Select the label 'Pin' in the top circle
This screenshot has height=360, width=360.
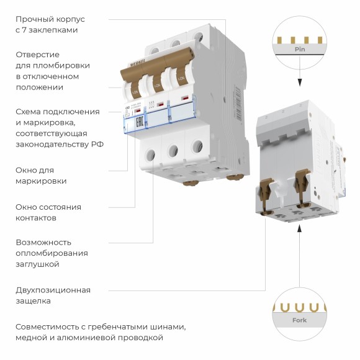[x=300, y=48]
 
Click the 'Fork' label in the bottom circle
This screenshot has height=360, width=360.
[x=300, y=320]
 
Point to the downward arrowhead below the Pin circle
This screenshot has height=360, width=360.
[x=300, y=81]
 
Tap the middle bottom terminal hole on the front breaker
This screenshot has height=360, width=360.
[x=174, y=150]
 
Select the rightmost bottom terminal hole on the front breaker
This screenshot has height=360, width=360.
[x=197, y=146]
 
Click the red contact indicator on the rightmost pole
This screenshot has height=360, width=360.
[x=184, y=99]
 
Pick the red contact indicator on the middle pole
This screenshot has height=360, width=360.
[x=160, y=102]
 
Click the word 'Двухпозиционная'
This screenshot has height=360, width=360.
[x=53, y=290]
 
